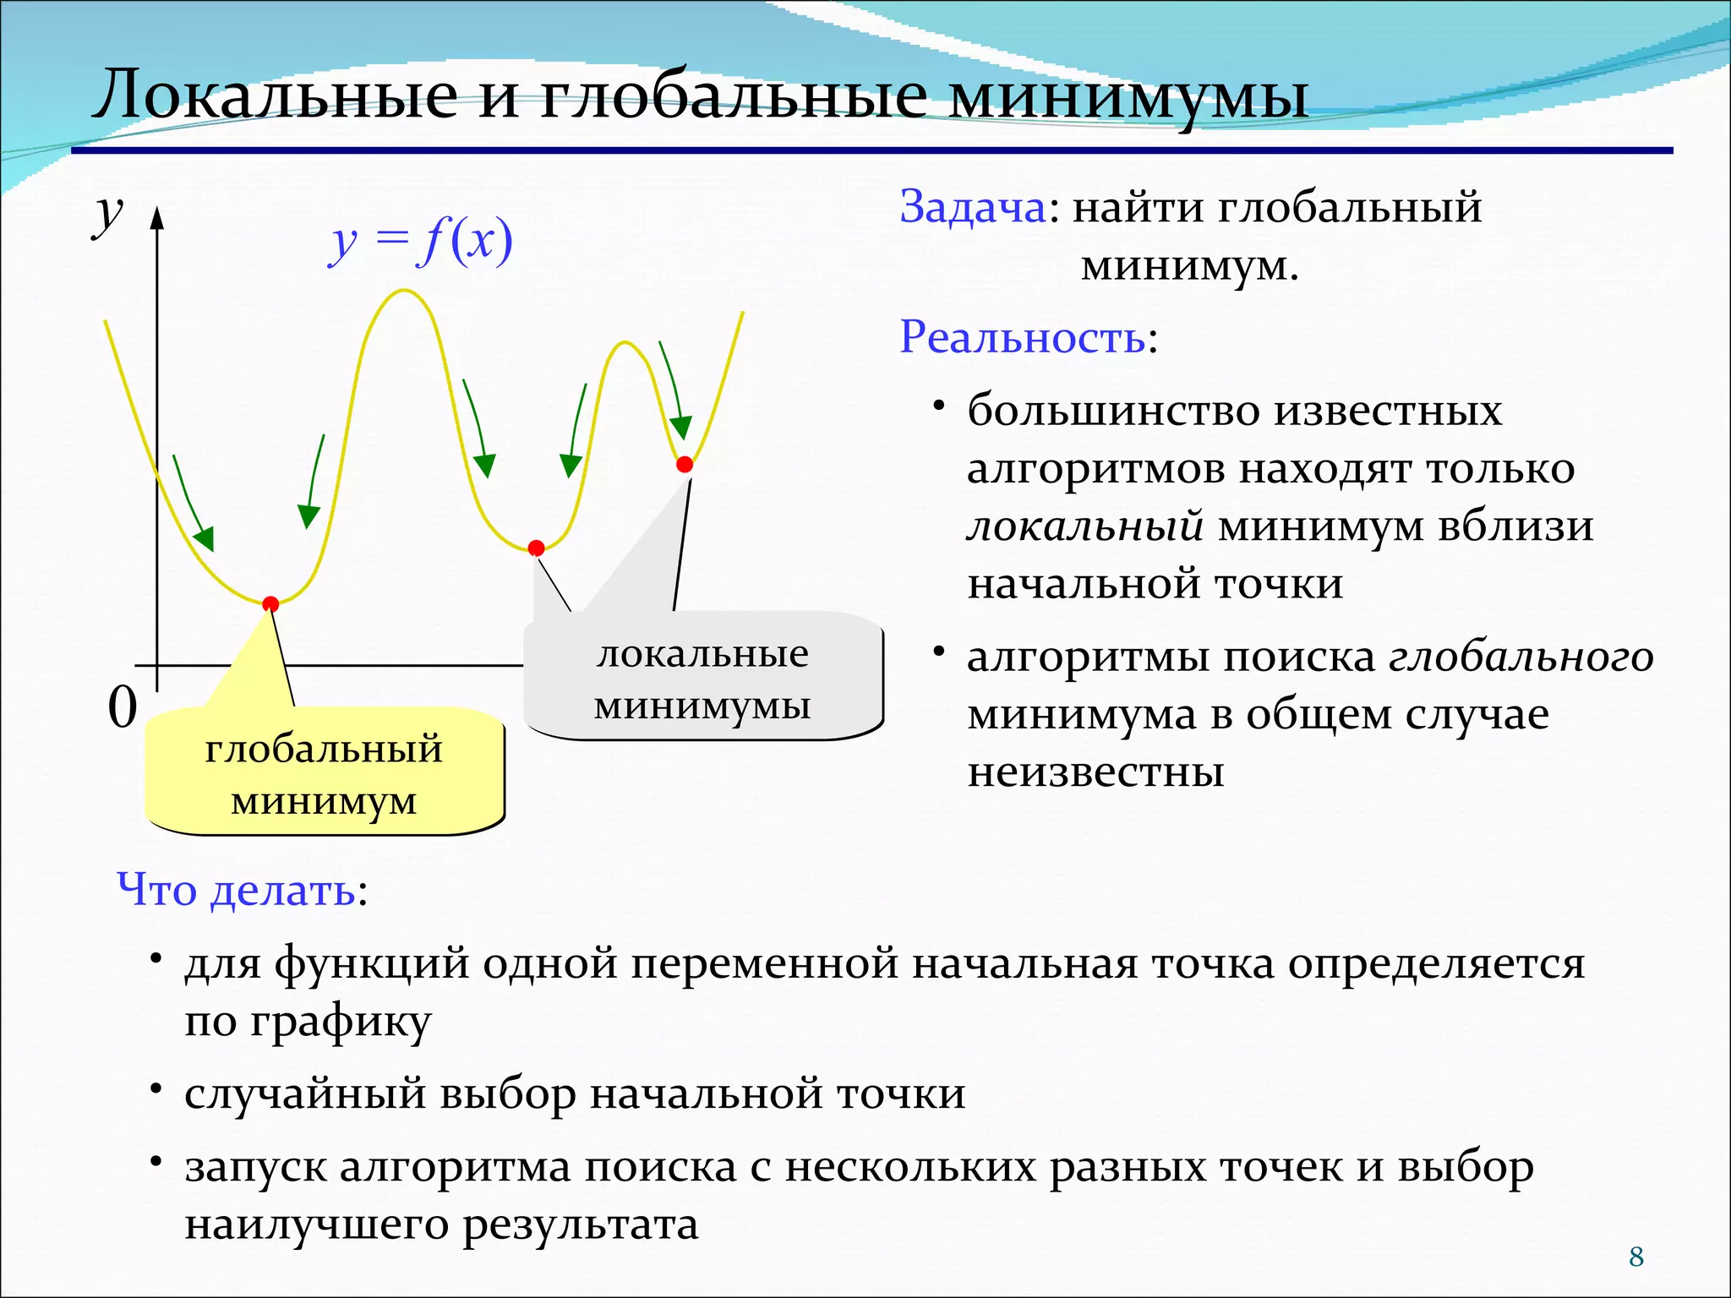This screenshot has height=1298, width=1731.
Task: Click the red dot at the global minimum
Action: tap(270, 603)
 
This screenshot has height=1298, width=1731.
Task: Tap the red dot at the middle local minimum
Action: tap(536, 548)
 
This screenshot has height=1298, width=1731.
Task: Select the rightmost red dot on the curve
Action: tap(685, 464)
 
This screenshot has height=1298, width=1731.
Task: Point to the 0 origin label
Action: tap(123, 707)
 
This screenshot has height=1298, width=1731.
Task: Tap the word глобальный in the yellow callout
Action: tap(324, 749)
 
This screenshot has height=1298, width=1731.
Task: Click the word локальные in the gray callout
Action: tap(702, 653)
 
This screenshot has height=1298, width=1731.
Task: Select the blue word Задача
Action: tap(973, 207)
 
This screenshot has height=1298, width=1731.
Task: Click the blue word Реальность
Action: tap(1023, 337)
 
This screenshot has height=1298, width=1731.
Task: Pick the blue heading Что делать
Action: tap(237, 890)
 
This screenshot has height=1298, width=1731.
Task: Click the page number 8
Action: tap(1636, 1257)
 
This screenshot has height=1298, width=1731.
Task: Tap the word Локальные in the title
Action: tap(276, 95)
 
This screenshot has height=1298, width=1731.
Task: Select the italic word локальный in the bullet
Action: tap(1085, 526)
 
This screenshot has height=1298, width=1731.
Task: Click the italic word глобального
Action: tap(1521, 657)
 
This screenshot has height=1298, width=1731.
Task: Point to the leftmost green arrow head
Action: tap(205, 537)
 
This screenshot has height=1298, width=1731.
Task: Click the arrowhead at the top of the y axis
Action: tap(156, 218)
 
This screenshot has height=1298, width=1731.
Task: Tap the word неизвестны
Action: tap(1095, 772)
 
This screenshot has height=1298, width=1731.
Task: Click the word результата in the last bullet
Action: tap(581, 1224)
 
